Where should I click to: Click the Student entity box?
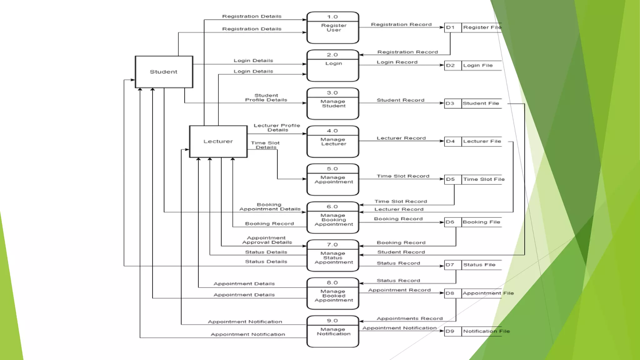tap(164, 72)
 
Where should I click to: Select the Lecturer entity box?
tap(218, 142)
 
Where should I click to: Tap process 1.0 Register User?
tap(333, 28)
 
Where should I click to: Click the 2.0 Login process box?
tap(333, 66)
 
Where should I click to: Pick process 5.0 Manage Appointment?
tap(333, 180)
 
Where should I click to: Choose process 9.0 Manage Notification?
tap(333, 332)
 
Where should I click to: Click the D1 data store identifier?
tap(450, 27)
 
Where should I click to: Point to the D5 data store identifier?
tap(450, 179)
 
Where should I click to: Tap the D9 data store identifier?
tap(450, 331)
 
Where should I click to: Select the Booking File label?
tap(481, 222)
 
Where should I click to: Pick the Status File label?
tap(479, 265)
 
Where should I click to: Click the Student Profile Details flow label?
tap(266, 98)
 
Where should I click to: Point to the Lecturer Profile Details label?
tap(277, 128)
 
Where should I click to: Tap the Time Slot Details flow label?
tap(265, 145)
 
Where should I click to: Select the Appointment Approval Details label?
tap(267, 240)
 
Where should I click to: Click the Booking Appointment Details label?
tap(270, 207)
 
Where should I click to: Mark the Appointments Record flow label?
tap(410, 318)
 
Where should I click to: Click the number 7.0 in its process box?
tap(332, 245)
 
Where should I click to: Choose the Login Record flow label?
tap(397, 62)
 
